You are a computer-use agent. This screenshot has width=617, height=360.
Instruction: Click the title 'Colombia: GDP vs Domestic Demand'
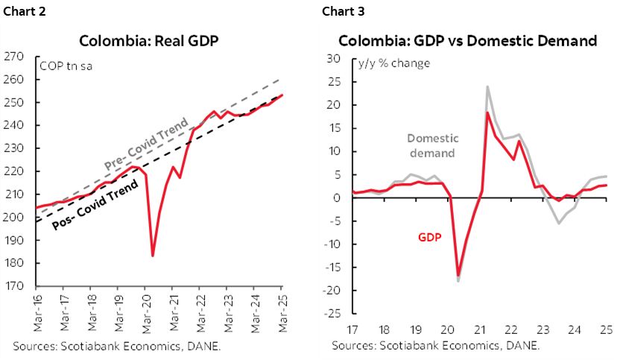click(x=467, y=41)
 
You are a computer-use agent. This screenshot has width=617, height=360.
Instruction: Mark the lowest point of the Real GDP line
click(x=152, y=256)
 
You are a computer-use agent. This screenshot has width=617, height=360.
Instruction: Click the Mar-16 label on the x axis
click(x=35, y=312)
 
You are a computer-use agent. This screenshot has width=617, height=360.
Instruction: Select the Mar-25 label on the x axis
click(x=280, y=312)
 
